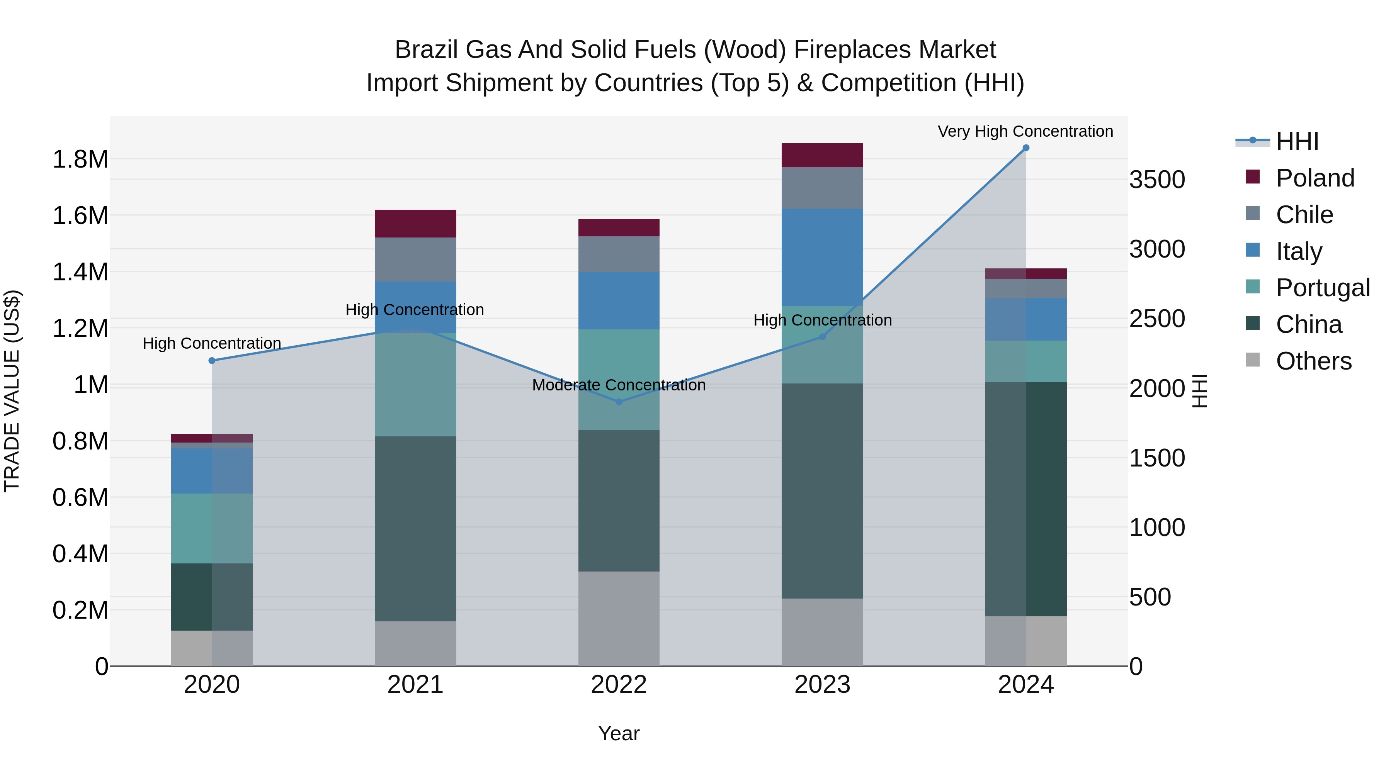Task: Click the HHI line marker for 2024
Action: click(1025, 148)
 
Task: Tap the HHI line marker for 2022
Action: click(619, 402)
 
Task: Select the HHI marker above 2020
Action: click(212, 361)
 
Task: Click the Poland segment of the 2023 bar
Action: click(822, 155)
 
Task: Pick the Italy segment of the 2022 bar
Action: click(619, 300)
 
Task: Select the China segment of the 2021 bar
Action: click(415, 529)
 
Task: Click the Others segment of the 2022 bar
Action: click(619, 619)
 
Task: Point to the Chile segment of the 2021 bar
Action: click(415, 260)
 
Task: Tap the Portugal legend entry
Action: click(1323, 288)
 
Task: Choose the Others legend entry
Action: click(1313, 361)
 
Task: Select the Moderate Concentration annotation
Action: click(619, 385)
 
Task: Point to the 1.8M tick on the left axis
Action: click(80, 160)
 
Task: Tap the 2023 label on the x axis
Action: click(822, 685)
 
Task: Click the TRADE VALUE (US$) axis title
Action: click(12, 391)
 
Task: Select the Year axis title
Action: click(619, 733)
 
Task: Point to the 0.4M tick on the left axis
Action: click(80, 554)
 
